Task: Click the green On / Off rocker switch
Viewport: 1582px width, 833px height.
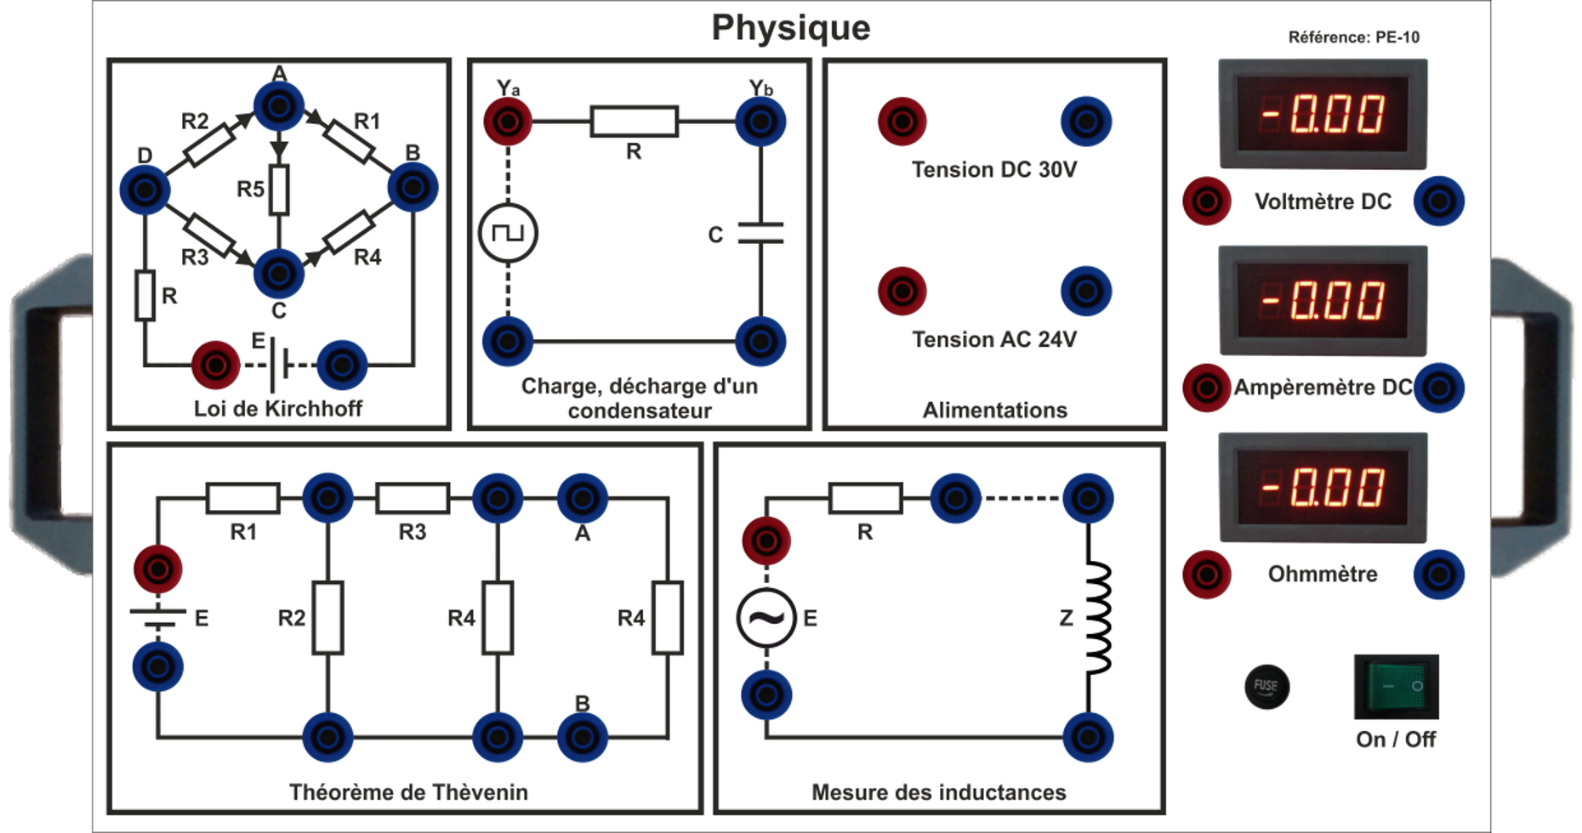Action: pos(1396,686)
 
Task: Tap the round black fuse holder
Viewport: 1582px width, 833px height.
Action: pos(1266,686)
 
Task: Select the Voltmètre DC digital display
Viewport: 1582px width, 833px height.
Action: pos(1323,114)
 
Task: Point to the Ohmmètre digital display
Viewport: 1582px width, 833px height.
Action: pos(1323,487)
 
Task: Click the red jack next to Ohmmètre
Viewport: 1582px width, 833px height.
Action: pos(1206,575)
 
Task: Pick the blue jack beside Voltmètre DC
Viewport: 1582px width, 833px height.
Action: pos(1438,201)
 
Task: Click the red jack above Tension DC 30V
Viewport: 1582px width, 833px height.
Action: pos(902,122)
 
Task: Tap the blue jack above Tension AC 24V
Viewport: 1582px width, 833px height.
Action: pos(1086,292)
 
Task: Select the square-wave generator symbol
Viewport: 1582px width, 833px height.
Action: pos(508,233)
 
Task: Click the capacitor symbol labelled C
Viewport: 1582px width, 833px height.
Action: pos(760,233)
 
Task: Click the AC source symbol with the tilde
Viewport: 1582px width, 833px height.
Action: pos(765,618)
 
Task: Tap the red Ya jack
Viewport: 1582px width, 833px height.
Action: pos(508,122)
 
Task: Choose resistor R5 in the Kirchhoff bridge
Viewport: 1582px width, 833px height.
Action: pos(279,189)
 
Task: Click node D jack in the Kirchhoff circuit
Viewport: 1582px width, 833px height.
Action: pos(145,189)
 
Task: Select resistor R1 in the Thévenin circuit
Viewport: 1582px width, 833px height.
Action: pos(243,498)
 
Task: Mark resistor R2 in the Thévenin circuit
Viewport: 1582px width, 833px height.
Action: pos(327,618)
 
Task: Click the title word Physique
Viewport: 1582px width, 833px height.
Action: pos(790,28)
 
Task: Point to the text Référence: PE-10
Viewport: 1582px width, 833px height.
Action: pos(1353,37)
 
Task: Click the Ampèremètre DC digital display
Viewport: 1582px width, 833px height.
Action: pos(1323,301)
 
